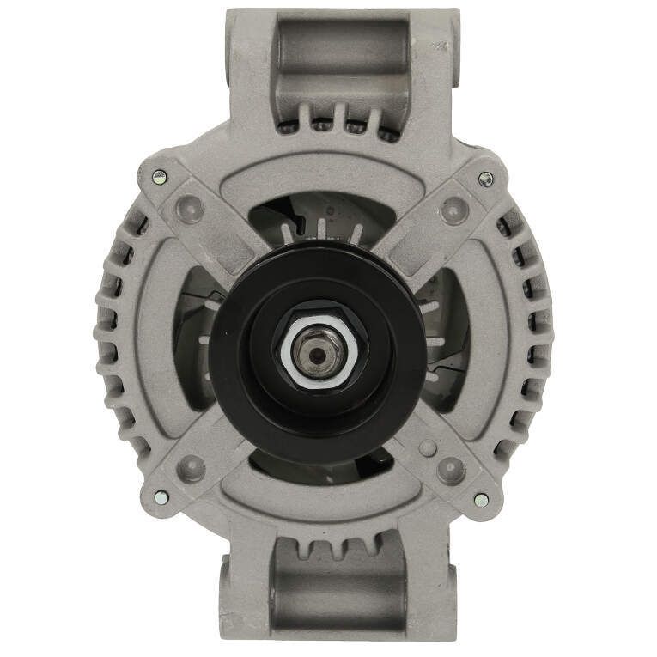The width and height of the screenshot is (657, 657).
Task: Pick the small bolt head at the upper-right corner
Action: click(485, 178)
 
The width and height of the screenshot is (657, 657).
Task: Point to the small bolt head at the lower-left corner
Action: click(159, 496)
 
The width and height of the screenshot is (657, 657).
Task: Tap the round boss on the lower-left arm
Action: click(194, 469)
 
